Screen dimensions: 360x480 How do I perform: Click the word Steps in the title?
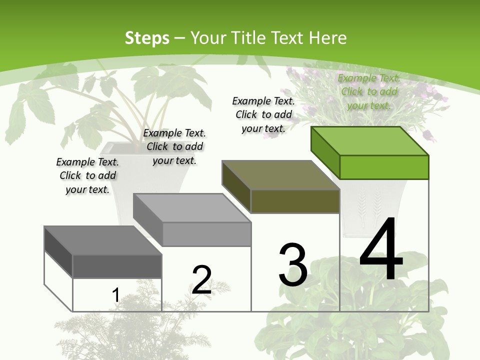click(147, 38)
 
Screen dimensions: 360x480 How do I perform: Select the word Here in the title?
click(327, 38)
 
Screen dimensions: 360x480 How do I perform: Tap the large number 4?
click(381, 250)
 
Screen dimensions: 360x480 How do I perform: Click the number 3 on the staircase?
click(293, 265)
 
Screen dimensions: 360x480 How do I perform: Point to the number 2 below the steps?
click(201, 279)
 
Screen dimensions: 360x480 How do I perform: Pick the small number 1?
click(115, 295)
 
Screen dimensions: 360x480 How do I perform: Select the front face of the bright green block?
click(384, 167)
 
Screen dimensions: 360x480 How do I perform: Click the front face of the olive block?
click(295, 201)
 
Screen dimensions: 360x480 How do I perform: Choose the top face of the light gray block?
click(192, 208)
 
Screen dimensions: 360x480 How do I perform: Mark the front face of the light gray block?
click(206, 234)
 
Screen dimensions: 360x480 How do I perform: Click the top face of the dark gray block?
click(103, 240)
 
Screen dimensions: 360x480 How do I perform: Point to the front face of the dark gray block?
click(117, 266)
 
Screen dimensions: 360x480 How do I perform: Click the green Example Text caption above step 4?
click(369, 91)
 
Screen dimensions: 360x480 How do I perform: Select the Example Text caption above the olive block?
click(263, 114)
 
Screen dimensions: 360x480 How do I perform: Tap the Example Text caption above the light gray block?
click(174, 146)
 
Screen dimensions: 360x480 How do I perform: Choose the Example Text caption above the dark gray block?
click(87, 175)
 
